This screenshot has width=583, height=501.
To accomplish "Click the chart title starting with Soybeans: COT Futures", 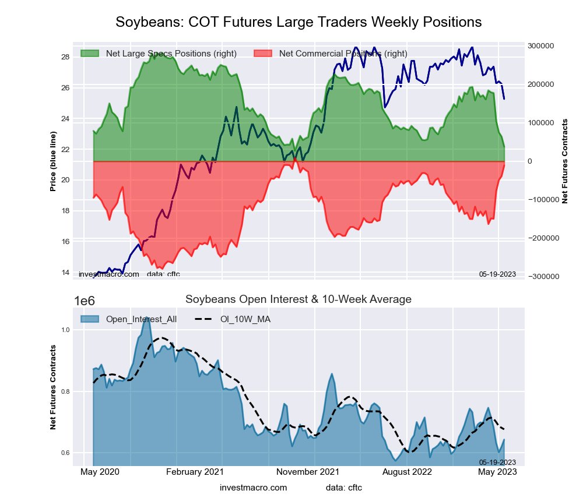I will coord(298,22).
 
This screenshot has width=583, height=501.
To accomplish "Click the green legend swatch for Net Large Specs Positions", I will coord(90,54).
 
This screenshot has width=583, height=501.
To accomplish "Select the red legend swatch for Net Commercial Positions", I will coord(264,54).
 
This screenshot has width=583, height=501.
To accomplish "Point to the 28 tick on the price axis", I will coord(65,57).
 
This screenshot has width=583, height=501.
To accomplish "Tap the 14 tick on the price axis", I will coord(65,272).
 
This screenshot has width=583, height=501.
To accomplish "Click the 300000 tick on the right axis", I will coord(540,46).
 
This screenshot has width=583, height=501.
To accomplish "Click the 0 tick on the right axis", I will coord(531,161).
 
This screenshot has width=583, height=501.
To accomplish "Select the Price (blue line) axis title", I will coord(53,161).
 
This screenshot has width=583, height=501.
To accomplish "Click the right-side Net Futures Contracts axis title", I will coord(564,161).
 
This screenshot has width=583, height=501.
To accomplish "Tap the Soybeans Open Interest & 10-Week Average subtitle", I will coord(298,299).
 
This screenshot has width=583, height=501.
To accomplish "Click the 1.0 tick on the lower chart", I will coord(65,330).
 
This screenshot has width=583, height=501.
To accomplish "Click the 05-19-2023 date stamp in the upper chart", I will coord(497,274).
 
